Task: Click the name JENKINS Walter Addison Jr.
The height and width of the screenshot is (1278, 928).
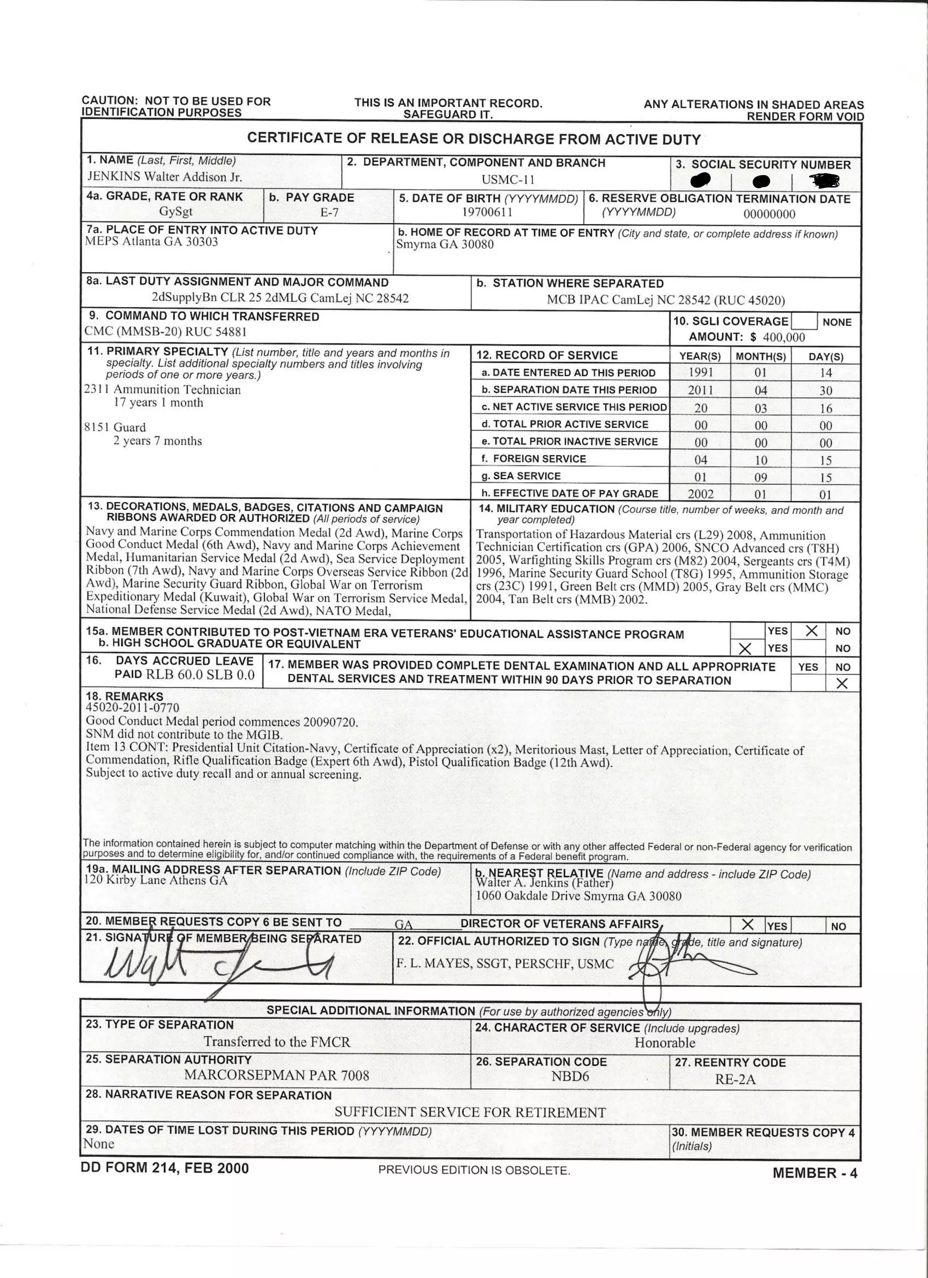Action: click(164, 177)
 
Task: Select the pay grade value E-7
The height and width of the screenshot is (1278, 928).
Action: click(329, 212)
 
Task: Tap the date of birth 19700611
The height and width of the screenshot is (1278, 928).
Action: click(488, 212)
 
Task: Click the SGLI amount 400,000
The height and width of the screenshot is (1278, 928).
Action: click(784, 337)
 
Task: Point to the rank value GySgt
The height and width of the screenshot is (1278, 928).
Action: click(176, 212)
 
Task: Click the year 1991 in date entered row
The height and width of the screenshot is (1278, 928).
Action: click(701, 372)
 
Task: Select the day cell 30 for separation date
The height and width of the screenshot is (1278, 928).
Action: click(826, 391)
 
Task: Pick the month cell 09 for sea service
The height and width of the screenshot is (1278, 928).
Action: click(761, 477)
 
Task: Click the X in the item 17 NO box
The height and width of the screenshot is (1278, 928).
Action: click(842, 683)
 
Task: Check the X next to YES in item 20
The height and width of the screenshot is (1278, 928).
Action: click(748, 925)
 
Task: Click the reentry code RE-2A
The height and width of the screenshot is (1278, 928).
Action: click(735, 1080)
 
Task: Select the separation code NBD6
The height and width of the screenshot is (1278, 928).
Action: click(570, 1076)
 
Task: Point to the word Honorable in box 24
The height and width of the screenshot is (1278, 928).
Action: click(665, 1042)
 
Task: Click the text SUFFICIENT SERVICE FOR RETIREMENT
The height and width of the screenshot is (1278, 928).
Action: click(470, 1112)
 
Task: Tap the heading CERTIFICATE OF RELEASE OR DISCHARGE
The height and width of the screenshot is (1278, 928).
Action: click(474, 139)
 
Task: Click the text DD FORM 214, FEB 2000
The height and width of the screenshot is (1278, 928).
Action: click(164, 1168)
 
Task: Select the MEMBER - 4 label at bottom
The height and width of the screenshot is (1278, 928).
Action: click(815, 1173)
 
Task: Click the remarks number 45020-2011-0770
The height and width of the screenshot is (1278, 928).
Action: click(132, 708)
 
